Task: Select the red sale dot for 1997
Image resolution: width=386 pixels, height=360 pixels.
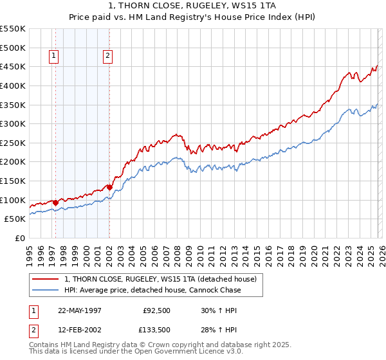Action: (56, 203)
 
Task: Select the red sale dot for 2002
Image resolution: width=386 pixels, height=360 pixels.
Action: (109, 187)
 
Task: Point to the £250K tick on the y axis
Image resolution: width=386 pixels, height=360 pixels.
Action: (12, 143)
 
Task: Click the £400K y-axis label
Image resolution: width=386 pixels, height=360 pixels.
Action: (12, 85)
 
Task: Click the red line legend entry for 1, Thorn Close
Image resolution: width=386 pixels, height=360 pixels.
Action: (160, 279)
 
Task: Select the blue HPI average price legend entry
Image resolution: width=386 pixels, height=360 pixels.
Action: (152, 290)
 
